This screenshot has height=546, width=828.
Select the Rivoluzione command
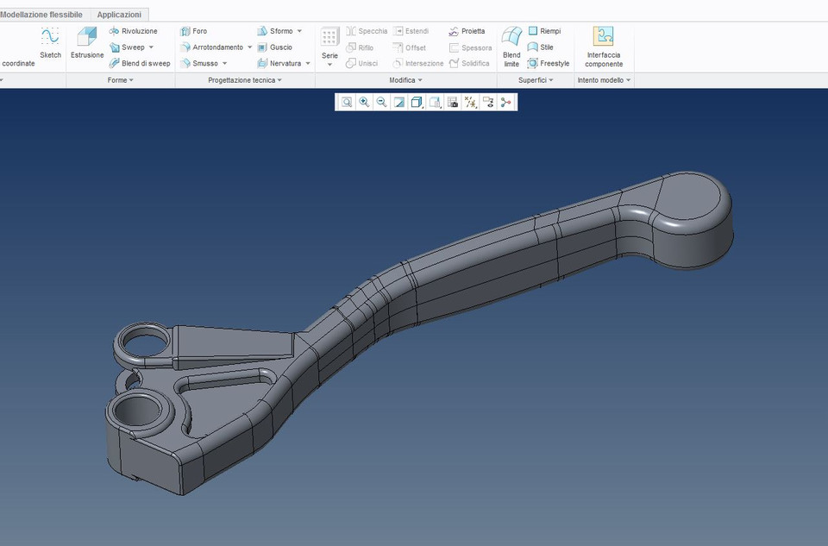pos(139,31)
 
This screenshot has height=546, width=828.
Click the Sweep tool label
pos(133,47)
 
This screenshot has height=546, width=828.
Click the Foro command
pos(199,31)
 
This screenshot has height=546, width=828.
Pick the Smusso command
pos(205,63)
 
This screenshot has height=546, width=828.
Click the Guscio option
pos(280,47)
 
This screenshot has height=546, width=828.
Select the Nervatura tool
pos(285,63)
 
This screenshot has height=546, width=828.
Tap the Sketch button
pos(50,43)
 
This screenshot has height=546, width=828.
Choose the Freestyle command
pos(555,63)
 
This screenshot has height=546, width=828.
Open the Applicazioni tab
pos(119,15)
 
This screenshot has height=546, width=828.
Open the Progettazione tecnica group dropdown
pos(245,80)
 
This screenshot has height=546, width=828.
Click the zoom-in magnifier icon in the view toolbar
pos(364,102)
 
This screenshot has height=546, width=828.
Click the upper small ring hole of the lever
pos(140,342)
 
